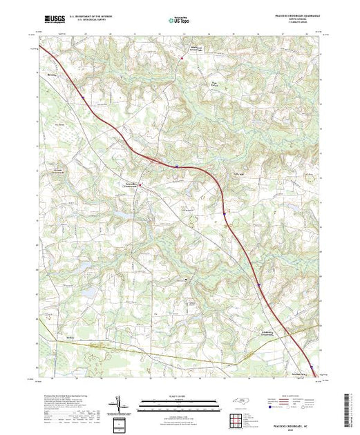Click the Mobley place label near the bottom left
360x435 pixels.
(x=69, y=337)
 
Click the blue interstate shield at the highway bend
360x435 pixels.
(x=176, y=166)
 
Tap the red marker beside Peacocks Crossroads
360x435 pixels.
(x=140, y=184)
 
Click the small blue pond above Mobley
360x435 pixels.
(x=89, y=293)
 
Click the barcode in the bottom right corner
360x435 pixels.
(x=348, y=407)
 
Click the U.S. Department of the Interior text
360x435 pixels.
(x=91, y=15)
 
